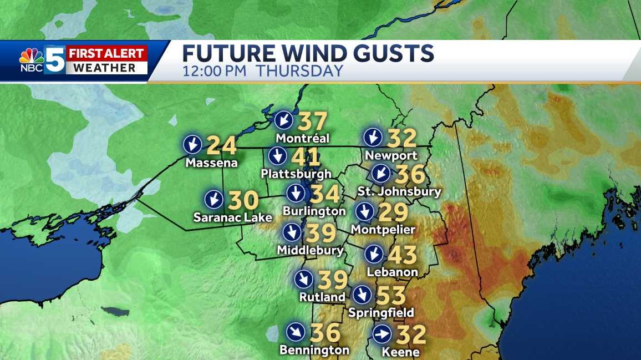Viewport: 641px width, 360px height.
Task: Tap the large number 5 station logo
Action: coord(55,59)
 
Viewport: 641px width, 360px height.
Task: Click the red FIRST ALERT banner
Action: coord(107,54)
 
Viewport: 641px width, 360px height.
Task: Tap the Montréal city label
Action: coord(302,138)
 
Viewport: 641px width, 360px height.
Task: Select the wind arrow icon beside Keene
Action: coord(382,334)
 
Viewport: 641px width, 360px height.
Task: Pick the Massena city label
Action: coord(211,163)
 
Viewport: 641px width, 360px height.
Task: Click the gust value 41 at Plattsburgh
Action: coord(306,157)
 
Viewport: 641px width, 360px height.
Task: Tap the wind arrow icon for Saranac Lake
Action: coord(213,199)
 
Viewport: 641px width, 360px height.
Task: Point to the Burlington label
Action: coord(314,211)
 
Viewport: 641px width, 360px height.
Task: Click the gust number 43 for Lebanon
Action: coord(403,256)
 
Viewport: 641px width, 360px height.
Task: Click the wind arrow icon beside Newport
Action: coord(373,137)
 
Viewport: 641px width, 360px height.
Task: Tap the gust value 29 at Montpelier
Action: coord(393,212)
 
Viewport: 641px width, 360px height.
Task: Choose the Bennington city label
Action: coord(314,350)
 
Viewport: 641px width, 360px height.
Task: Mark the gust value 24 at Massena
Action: coord(222,146)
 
